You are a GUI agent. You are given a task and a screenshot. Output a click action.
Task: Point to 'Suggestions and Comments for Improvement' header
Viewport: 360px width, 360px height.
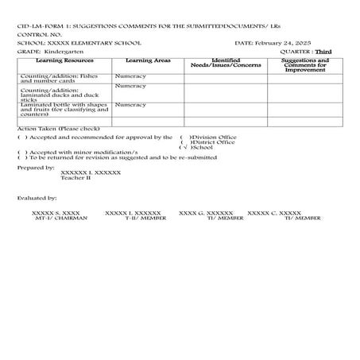tap(306, 65)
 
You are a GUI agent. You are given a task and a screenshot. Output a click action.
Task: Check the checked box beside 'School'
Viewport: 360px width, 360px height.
tap(184, 148)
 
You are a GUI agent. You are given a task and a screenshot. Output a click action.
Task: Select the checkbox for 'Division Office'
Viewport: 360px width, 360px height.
tap(184, 137)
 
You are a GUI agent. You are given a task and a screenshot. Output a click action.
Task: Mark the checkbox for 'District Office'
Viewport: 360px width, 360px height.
tap(184, 142)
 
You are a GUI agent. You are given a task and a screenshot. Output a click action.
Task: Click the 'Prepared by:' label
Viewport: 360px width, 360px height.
tap(36, 168)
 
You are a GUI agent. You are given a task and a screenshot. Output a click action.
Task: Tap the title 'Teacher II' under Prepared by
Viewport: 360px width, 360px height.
tap(76, 179)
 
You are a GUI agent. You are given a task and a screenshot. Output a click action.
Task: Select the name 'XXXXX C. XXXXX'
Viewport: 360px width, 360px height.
tap(274, 213)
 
